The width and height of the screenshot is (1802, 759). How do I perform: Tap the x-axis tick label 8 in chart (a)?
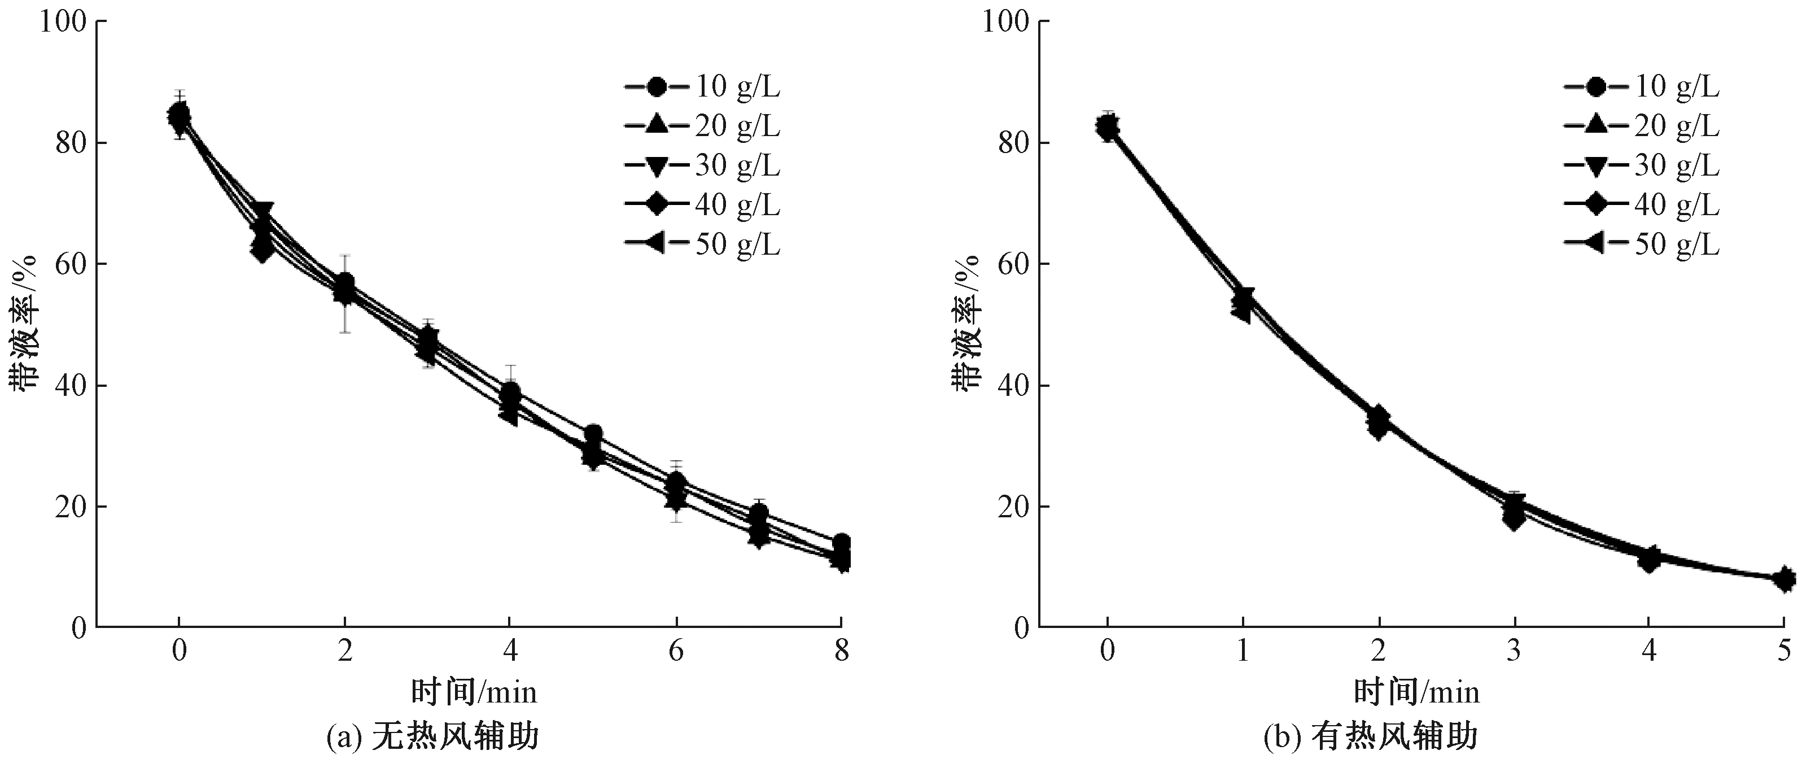pyautogui.click(x=842, y=651)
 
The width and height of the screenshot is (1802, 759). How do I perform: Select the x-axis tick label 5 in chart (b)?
pyautogui.click(x=1784, y=651)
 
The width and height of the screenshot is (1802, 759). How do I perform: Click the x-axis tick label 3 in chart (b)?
pyautogui.click(x=1514, y=651)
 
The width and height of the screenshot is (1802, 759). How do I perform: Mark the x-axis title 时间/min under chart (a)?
pyautogui.click(x=474, y=692)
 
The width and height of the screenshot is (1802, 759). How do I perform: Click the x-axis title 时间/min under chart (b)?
pyautogui.click(x=1417, y=692)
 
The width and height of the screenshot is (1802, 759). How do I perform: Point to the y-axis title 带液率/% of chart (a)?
pyautogui.click(x=27, y=323)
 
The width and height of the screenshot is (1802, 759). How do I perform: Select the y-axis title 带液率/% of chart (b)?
pyautogui.click(x=968, y=323)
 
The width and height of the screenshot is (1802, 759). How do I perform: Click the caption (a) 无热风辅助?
pyautogui.click(x=433, y=736)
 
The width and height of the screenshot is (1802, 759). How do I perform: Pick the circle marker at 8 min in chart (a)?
pyautogui.click(x=842, y=543)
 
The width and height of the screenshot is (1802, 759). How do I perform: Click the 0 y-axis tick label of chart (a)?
pyautogui.click(x=78, y=627)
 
